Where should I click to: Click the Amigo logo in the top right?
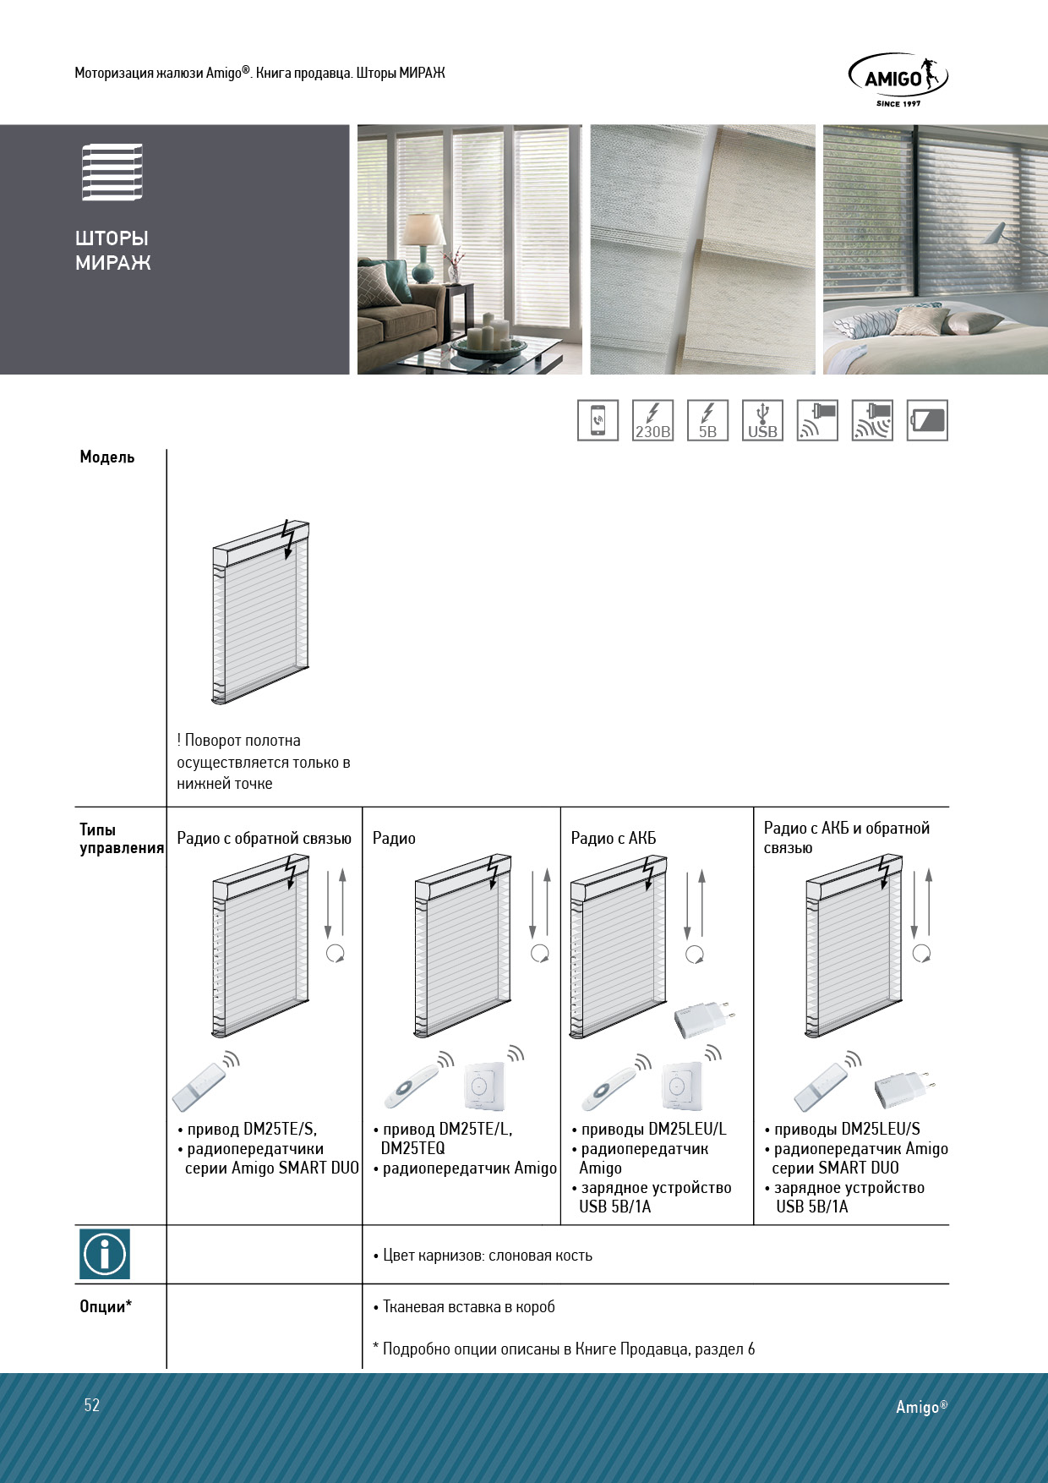tap(898, 79)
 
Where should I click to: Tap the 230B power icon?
tap(652, 420)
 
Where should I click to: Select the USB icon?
tap(762, 420)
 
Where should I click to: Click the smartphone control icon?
tap(598, 420)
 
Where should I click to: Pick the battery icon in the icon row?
tap(927, 420)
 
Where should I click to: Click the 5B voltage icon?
tap(707, 420)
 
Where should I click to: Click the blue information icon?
tap(105, 1253)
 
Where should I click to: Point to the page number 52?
tap(91, 1405)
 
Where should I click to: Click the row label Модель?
tap(107, 457)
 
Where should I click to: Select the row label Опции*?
tap(106, 1306)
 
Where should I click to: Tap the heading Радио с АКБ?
tap(613, 838)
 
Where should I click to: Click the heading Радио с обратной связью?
tap(264, 838)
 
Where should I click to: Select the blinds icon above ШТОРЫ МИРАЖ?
tap(112, 172)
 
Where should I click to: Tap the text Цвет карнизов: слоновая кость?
tap(487, 1255)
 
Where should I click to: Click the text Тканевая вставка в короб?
tap(468, 1306)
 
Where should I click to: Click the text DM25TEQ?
tap(412, 1148)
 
